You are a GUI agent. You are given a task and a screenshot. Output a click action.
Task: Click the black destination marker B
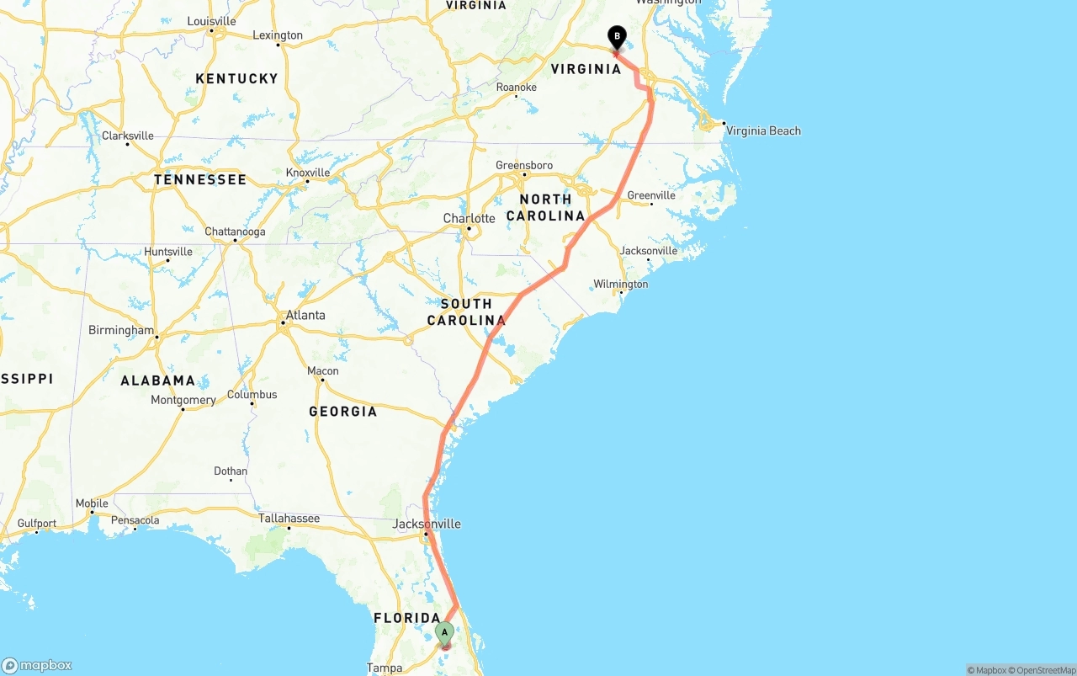617,37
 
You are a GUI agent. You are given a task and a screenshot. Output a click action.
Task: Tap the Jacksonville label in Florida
427,524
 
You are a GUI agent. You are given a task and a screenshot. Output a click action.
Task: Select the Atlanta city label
305,316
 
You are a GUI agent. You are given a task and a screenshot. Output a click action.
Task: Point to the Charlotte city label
469,219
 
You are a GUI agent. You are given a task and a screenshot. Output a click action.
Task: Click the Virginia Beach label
763,130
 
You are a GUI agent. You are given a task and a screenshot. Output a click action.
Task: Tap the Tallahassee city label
289,519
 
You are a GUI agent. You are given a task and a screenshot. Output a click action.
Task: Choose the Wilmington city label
620,285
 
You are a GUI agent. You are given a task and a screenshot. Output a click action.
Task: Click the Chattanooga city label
235,232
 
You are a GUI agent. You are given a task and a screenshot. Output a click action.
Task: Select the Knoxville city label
307,172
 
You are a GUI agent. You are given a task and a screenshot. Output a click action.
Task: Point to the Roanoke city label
517,88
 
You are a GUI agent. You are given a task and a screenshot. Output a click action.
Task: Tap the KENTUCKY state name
236,78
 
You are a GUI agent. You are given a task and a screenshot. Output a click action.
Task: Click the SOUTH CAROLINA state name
466,311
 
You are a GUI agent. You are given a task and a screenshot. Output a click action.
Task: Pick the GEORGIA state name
342,412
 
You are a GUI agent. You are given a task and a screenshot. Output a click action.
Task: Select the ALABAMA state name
157,381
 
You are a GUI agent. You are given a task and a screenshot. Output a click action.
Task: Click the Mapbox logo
37,665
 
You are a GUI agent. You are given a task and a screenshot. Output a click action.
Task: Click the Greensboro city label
524,166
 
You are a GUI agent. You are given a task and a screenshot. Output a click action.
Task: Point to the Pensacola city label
135,520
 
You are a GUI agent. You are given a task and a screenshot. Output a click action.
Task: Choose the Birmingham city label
121,330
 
